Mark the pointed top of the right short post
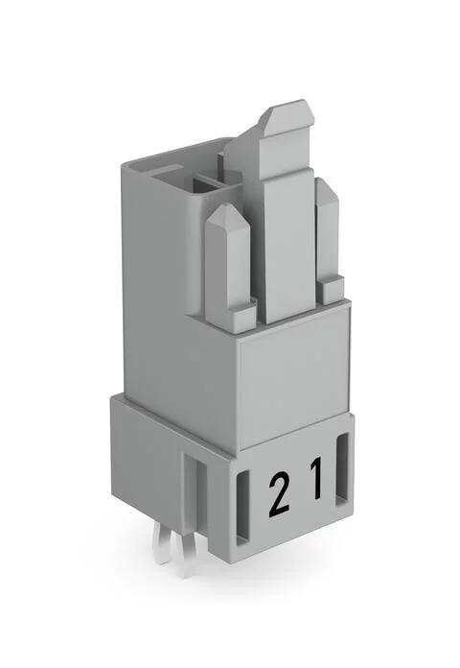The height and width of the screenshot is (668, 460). tap(327, 188)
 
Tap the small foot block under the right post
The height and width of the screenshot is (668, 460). tap(332, 286)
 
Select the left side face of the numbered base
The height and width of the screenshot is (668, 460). tap(144, 461)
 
